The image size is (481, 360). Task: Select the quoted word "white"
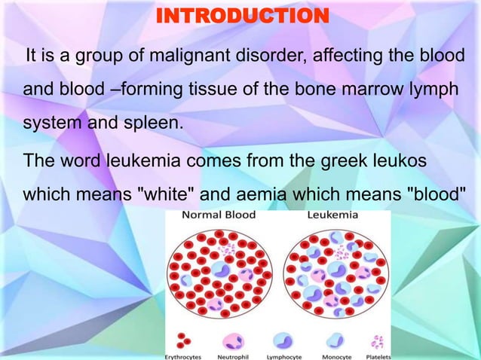point(168,194)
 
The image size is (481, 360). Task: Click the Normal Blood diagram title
point(219,215)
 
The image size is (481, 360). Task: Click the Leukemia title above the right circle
point(332,215)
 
